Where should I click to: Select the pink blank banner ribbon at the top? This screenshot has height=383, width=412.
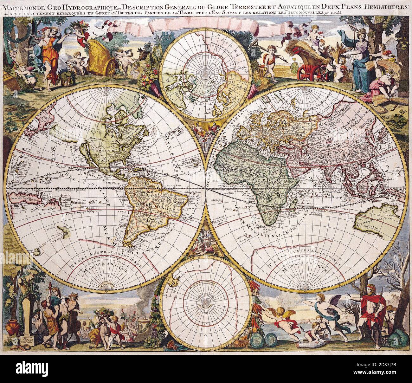[x=203, y=25]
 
